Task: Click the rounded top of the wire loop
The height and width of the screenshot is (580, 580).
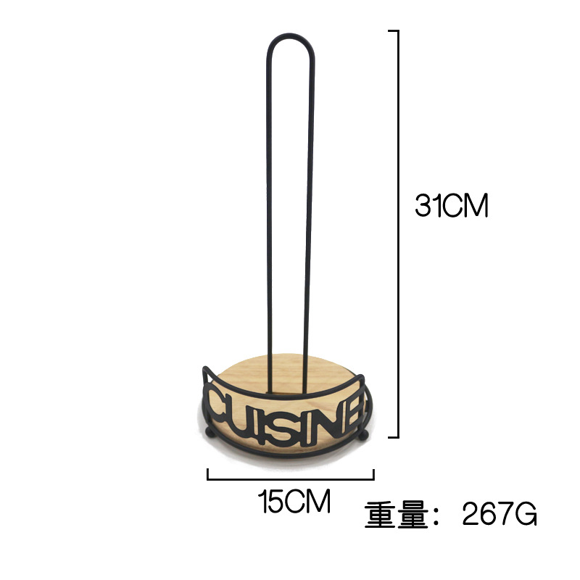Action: tap(291, 36)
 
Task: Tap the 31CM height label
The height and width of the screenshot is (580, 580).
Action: tap(451, 205)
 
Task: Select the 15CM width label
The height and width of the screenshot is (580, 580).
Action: tap(294, 501)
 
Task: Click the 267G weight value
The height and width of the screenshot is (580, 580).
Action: tap(500, 514)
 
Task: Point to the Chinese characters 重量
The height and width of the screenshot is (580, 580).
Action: tap(396, 514)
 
